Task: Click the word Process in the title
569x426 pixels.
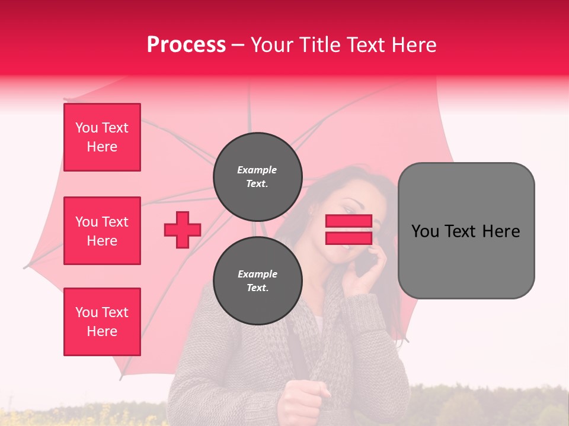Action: [x=186, y=45]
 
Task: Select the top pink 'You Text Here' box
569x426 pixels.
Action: [x=102, y=137]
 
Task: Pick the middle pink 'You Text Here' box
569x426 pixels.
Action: [x=102, y=231]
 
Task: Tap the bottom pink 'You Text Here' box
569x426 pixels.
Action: [x=102, y=322]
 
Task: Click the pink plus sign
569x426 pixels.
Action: [x=183, y=230]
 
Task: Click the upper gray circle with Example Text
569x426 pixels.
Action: [x=257, y=176]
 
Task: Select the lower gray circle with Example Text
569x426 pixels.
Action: [x=257, y=280]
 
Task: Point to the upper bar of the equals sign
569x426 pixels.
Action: [x=349, y=221]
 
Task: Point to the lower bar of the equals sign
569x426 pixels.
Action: [x=349, y=238]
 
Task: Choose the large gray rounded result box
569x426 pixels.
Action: [x=466, y=231]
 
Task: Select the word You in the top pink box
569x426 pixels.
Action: [x=86, y=128]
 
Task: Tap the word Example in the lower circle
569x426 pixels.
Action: [x=257, y=274]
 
